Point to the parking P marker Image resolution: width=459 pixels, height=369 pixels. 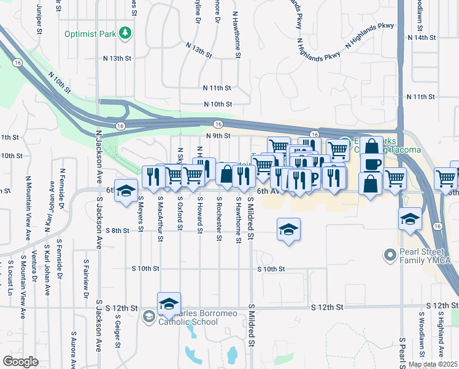[x=314, y=178]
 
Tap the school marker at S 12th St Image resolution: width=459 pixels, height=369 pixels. [x=169, y=304]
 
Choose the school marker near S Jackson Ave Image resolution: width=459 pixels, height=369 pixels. [x=126, y=191]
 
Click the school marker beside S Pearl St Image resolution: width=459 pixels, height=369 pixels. [x=409, y=218]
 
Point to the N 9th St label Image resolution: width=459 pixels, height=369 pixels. [x=218, y=136]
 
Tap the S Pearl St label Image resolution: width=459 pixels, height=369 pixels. [x=402, y=351]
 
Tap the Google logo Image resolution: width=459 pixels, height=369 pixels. [x=20, y=361]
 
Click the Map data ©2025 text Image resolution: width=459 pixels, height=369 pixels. [x=433, y=364]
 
